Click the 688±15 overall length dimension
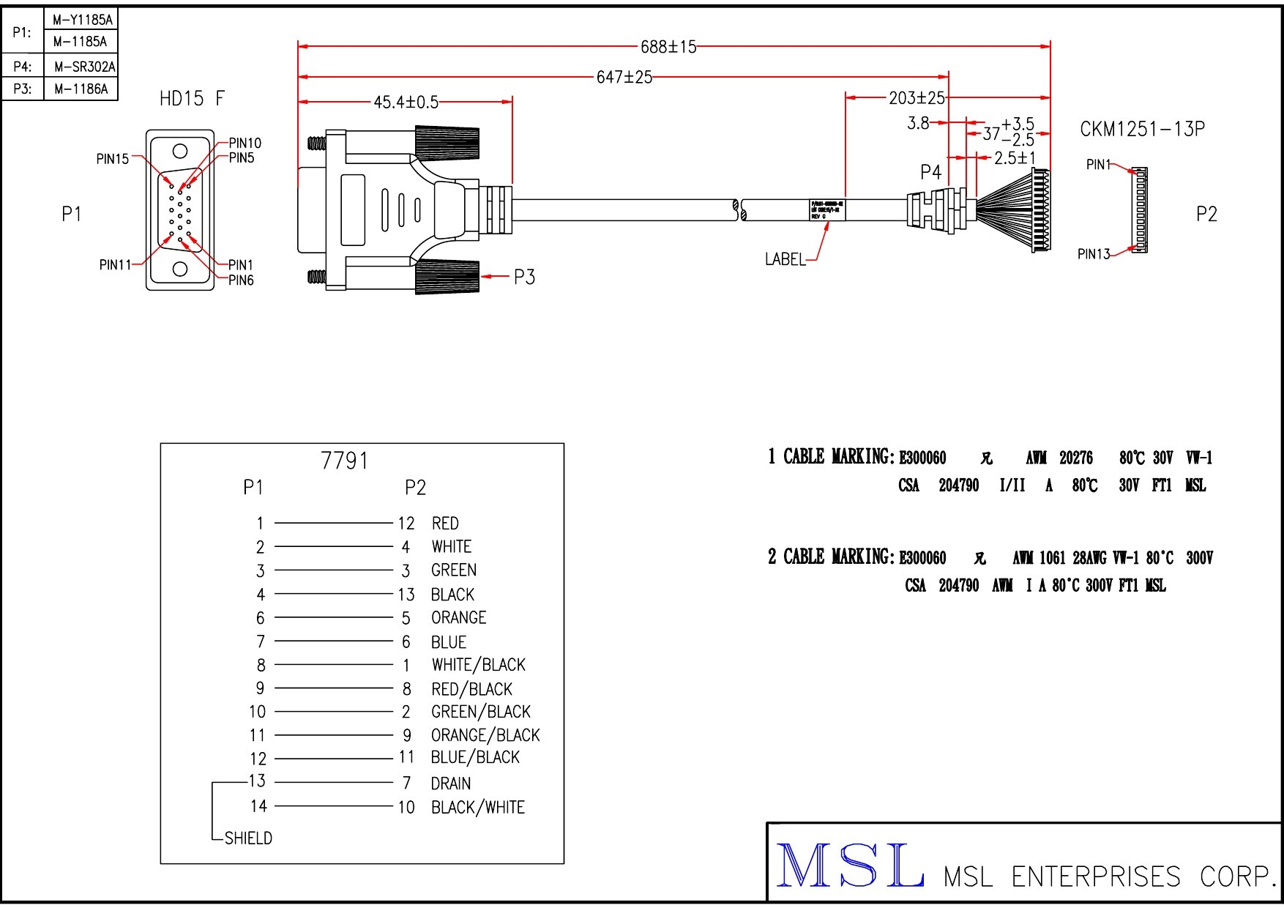pyautogui.click(x=668, y=47)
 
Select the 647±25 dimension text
pyautogui.click(x=624, y=77)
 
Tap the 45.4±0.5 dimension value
pyautogui.click(x=406, y=103)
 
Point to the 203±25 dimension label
pyautogui.click(x=917, y=97)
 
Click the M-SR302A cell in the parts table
pyautogui.click(x=84, y=67)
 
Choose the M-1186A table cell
pyautogui.click(x=81, y=89)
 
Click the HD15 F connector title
pyautogui.click(x=192, y=98)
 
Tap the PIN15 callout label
pyautogui.click(x=113, y=159)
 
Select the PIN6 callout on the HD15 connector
pyautogui.click(x=241, y=280)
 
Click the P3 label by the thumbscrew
pyautogui.click(x=524, y=277)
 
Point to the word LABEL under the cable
pyautogui.click(x=785, y=259)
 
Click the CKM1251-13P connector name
pyautogui.click(x=1142, y=129)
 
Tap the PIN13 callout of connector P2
pyautogui.click(x=1094, y=254)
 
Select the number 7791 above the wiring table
pyautogui.click(x=344, y=461)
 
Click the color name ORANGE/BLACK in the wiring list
pyautogui.click(x=485, y=734)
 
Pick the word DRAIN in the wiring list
pyautogui.click(x=450, y=784)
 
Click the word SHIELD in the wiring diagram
pyautogui.click(x=248, y=838)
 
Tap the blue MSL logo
pyautogui.click(x=849, y=866)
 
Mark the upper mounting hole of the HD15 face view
pyautogui.click(x=180, y=152)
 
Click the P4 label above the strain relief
pyautogui.click(x=930, y=172)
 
